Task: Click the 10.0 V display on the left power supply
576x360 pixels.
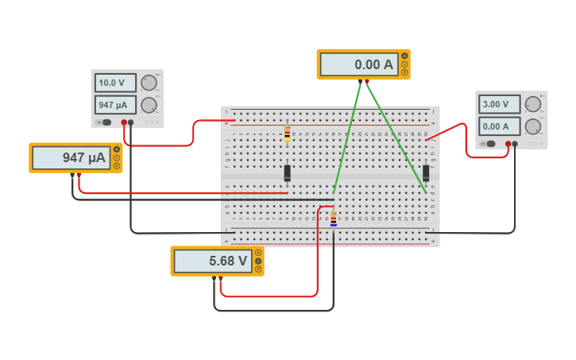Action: point(115,83)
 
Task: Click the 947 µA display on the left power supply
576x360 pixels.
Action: point(115,104)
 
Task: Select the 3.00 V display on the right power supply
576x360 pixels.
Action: point(500,104)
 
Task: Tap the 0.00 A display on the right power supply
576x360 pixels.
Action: point(500,126)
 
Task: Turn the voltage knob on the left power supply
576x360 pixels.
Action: point(149,83)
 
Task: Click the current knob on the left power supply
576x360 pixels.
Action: point(149,104)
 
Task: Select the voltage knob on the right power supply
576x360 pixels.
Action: point(533,104)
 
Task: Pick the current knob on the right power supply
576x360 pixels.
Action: point(533,126)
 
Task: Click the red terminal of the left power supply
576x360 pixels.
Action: point(124,122)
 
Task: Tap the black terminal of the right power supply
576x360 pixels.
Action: point(515,144)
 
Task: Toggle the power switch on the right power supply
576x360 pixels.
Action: point(491,144)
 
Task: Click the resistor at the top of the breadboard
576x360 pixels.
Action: point(287,134)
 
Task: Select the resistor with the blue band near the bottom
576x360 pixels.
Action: point(333,219)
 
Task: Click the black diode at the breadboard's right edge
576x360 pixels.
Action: point(426,172)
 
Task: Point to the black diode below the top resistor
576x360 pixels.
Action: point(287,172)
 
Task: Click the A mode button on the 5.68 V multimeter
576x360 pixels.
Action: point(258,253)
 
